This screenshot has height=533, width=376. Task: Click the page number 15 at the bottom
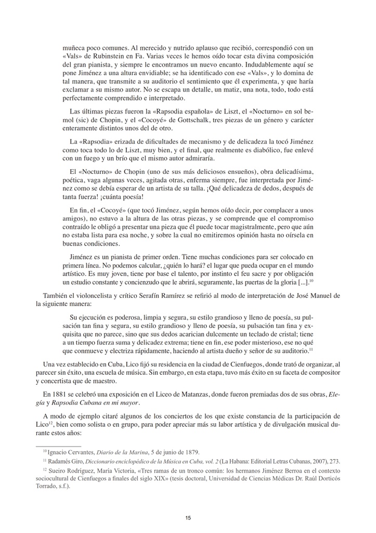pos(188,517)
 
